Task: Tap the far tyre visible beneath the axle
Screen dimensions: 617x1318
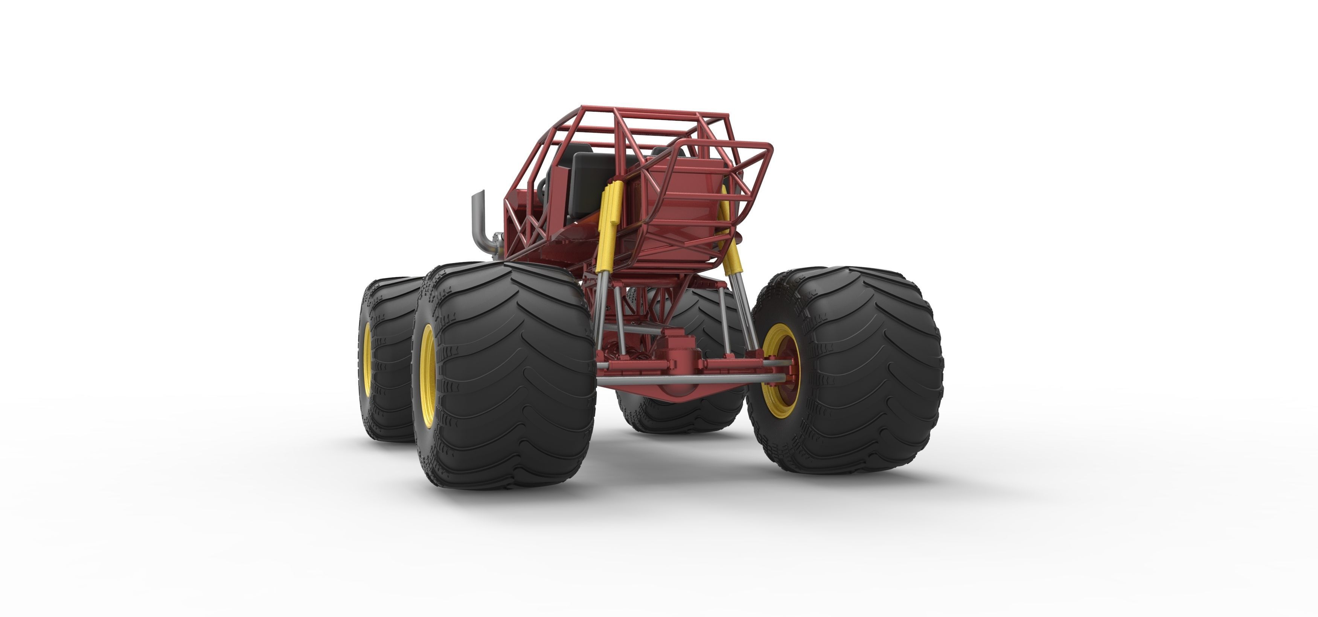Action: coord(681,409)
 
